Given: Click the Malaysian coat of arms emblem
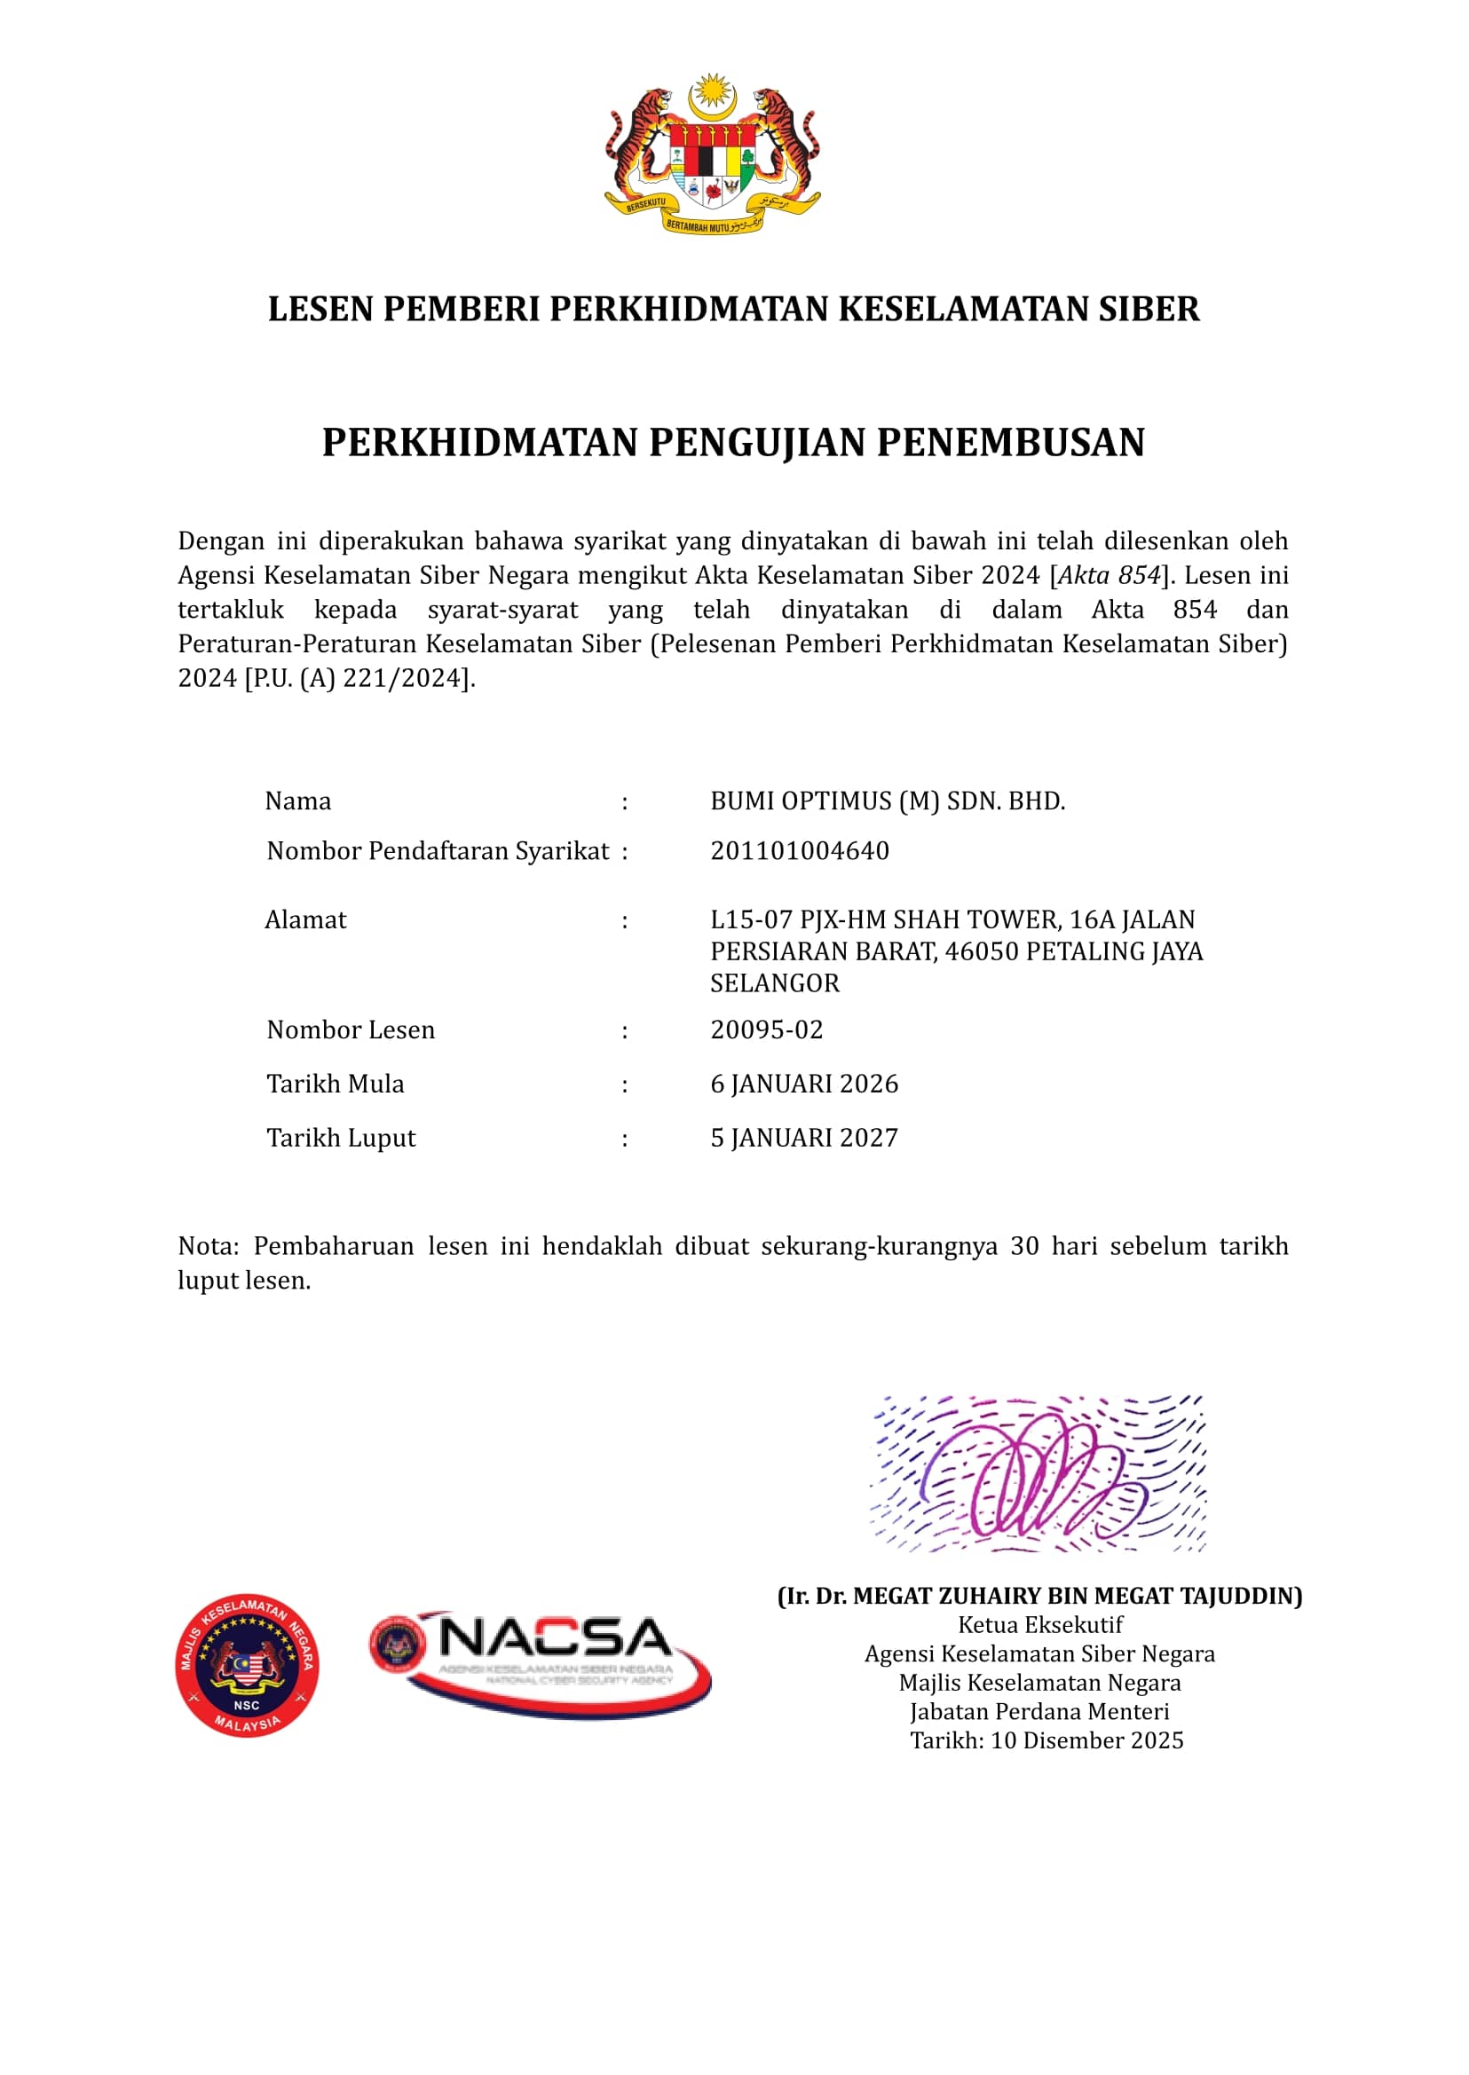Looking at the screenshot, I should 712,154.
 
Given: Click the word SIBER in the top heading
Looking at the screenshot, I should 1148,310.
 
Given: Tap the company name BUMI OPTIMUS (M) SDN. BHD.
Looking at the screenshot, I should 887,801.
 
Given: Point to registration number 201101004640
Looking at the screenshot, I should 799,851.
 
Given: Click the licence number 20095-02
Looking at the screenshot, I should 766,1030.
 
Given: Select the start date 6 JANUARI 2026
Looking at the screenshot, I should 803,1084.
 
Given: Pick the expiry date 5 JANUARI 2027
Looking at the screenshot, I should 803,1138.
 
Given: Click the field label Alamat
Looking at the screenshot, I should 304,920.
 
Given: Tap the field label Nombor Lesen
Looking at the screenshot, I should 350,1030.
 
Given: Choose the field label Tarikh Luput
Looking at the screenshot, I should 340,1138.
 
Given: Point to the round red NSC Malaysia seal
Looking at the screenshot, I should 247,1665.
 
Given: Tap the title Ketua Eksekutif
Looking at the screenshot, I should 1039,1625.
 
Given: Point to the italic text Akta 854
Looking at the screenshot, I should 1109,576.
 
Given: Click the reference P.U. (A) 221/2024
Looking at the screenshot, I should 359,678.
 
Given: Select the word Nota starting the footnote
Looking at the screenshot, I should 205,1246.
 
